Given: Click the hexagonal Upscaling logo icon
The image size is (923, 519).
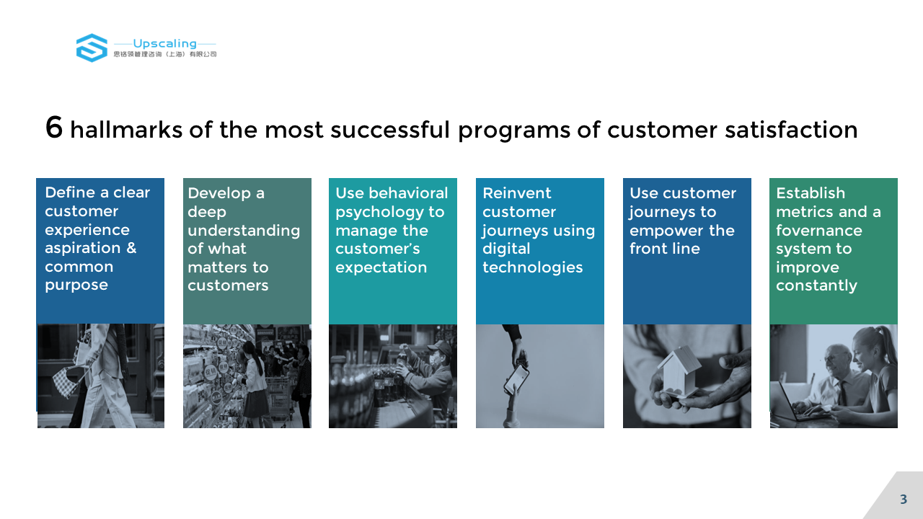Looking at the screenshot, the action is [x=92, y=48].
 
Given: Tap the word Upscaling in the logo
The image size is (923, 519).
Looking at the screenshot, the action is [x=165, y=43].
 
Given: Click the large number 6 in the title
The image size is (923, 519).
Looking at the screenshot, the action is [x=54, y=128].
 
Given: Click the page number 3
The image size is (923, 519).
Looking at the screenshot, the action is [x=904, y=500].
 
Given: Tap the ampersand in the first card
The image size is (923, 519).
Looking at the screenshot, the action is [x=131, y=247].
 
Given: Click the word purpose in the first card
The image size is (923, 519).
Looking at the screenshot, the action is [x=76, y=285].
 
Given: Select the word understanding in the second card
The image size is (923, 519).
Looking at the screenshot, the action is [x=244, y=231].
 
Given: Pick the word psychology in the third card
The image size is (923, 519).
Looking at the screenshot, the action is [x=379, y=212].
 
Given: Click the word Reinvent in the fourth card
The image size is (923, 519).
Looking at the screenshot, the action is [x=517, y=192].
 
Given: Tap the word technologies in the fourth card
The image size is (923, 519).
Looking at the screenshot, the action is [x=532, y=267].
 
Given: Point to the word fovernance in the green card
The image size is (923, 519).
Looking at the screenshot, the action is [x=818, y=230].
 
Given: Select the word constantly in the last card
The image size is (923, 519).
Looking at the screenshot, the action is [x=816, y=285].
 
